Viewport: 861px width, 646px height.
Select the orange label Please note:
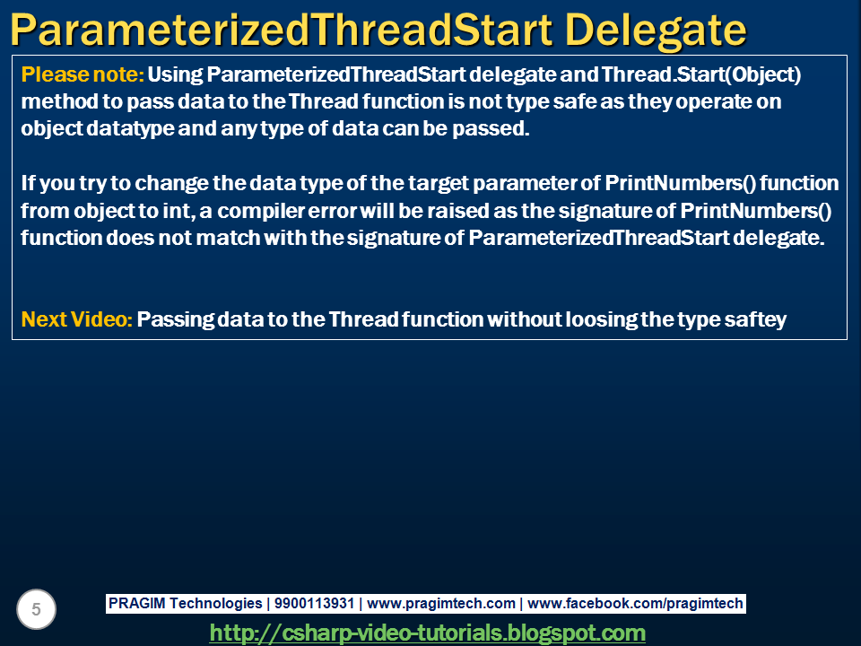[x=82, y=74]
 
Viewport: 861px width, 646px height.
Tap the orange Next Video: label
[x=77, y=319]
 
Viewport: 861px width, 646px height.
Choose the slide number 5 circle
[x=36, y=610]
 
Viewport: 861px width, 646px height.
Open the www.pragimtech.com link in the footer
[x=441, y=604]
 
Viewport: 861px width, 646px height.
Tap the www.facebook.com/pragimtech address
[x=635, y=604]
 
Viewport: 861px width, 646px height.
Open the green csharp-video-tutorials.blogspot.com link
[x=427, y=633]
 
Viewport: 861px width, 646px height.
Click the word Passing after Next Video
[x=172, y=319]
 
